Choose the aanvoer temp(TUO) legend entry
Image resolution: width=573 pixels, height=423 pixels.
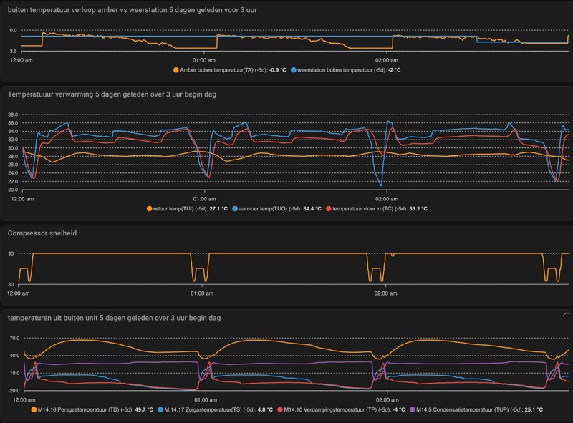pyautogui.click(x=269, y=208)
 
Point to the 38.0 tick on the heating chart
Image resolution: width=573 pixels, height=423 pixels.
pyautogui.click(x=12, y=115)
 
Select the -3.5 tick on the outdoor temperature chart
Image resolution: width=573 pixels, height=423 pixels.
pyautogui.click(x=12, y=52)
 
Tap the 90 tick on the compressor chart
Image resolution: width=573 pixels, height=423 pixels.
pyautogui.click(x=11, y=253)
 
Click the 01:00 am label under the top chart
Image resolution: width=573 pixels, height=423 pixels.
pyautogui.click(x=205, y=60)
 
